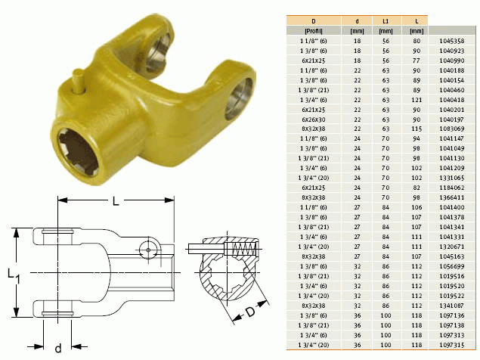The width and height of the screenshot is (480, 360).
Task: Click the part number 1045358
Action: [451, 41]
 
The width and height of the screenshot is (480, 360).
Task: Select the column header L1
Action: [386, 21]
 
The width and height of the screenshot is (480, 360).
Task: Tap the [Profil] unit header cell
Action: [314, 31]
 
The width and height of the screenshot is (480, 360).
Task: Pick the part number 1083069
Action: [451, 129]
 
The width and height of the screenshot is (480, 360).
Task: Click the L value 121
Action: [417, 100]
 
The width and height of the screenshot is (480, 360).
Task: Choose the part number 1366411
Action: [451, 197]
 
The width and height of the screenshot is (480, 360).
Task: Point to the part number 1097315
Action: [451, 345]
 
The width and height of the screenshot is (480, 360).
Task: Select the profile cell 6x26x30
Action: [314, 119]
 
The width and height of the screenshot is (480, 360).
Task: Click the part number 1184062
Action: [451, 188]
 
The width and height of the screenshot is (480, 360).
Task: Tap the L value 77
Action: [417, 61]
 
